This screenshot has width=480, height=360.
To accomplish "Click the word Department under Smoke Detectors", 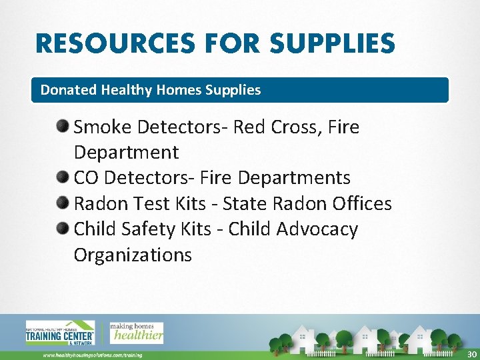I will [x=126, y=153].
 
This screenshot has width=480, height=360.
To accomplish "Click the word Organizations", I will [x=133, y=255].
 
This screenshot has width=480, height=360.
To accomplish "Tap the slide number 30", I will [x=472, y=354].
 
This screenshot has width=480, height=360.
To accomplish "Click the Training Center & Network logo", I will [x=60, y=333].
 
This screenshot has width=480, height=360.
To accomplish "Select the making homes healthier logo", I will [x=136, y=332].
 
